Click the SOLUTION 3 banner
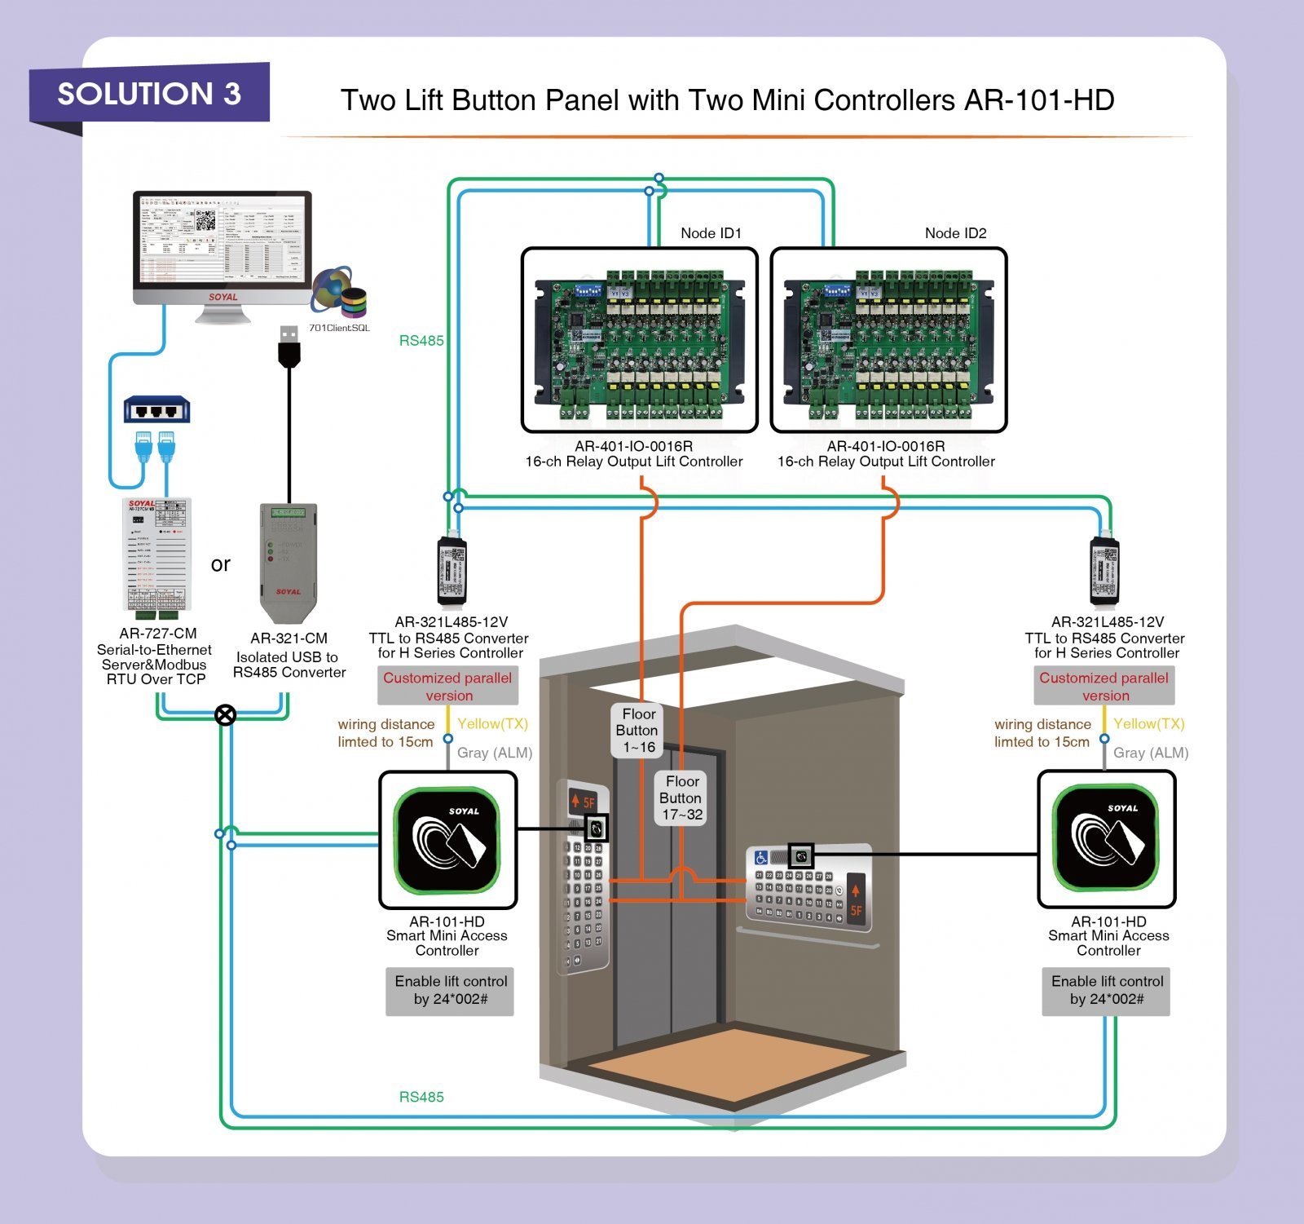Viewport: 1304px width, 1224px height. (x=149, y=94)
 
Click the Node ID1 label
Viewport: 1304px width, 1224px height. (x=711, y=233)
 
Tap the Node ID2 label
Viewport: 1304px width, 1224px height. (x=955, y=233)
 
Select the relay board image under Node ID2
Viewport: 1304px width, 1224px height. (x=888, y=340)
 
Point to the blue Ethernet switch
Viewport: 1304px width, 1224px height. (x=156, y=409)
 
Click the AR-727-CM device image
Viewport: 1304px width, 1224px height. (x=157, y=555)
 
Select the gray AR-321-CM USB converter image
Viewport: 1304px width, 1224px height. (x=288, y=561)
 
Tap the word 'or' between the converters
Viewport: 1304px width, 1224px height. (x=220, y=564)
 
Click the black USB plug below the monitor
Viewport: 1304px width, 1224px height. (x=289, y=346)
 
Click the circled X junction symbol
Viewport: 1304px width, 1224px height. (x=226, y=715)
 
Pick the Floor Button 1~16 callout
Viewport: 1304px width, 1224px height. (x=639, y=730)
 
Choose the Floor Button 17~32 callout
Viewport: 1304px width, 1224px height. (x=681, y=798)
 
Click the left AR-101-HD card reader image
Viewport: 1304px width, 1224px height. (x=447, y=840)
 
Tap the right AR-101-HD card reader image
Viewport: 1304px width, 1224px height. (x=1106, y=838)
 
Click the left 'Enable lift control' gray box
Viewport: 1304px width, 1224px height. (x=450, y=990)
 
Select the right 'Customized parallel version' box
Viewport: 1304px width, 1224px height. (x=1104, y=686)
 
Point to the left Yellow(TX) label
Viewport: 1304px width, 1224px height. (x=492, y=723)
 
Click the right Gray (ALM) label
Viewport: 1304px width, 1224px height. (x=1150, y=753)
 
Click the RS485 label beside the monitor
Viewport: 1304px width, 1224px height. (x=421, y=341)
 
